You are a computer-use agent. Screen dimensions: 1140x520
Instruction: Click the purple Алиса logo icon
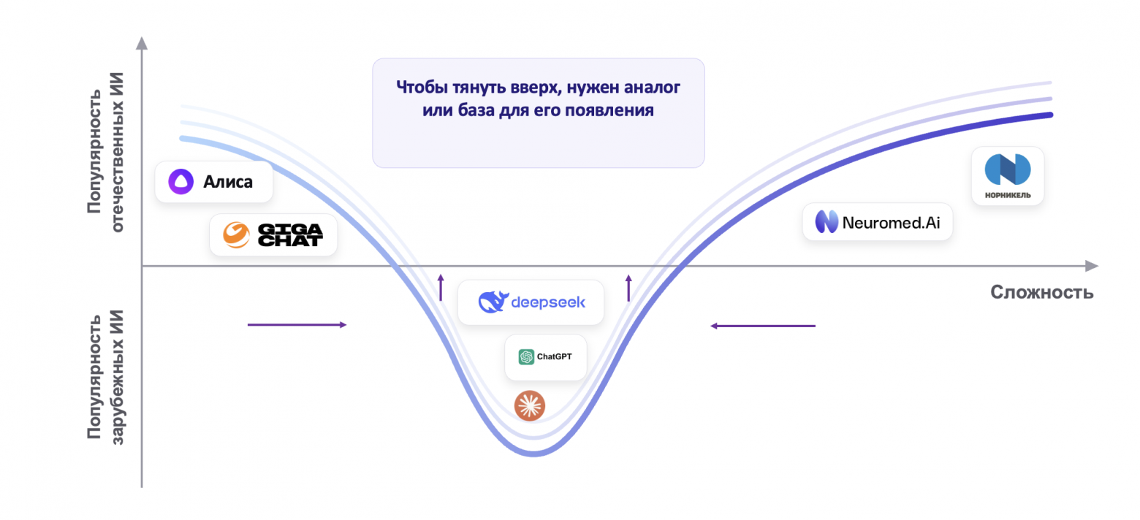(x=180, y=182)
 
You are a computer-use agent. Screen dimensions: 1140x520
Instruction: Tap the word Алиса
(x=227, y=182)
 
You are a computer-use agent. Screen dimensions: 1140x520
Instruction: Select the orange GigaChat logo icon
(x=236, y=235)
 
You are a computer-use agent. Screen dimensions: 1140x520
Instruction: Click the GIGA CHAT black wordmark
(x=290, y=235)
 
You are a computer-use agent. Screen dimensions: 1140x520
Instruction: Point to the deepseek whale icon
(x=493, y=302)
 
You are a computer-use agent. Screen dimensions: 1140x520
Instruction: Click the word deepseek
(x=548, y=302)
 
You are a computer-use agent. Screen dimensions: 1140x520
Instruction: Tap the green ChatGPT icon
(x=525, y=356)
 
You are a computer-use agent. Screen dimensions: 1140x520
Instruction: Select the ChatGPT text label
(x=554, y=356)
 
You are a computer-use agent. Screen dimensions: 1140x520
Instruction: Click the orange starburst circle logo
(x=530, y=405)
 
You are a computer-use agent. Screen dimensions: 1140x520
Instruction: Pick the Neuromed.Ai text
(x=891, y=222)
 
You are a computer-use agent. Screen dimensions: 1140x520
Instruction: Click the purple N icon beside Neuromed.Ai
(x=826, y=222)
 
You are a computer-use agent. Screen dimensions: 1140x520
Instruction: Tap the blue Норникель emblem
(x=1008, y=169)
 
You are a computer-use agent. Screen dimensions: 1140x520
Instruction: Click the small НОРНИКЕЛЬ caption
(x=1008, y=195)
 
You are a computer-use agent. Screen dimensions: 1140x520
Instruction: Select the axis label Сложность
(x=1042, y=293)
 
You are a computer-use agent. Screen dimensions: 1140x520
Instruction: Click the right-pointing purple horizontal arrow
(x=297, y=324)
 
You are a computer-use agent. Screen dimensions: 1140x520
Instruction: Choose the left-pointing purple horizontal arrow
(x=763, y=326)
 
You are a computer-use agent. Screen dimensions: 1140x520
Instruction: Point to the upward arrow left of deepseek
(x=441, y=288)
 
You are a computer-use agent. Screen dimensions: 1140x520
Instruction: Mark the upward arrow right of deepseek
(x=628, y=288)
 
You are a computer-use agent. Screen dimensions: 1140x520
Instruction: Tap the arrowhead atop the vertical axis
(x=142, y=43)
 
